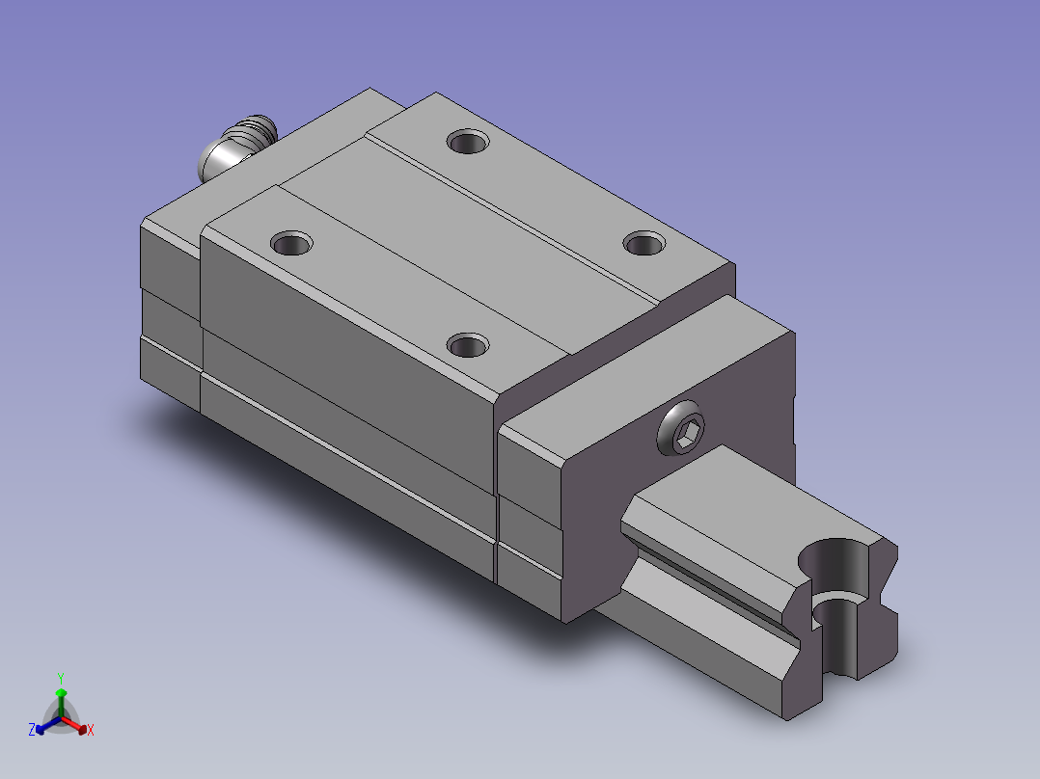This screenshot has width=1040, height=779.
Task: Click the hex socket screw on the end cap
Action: (x=680, y=428)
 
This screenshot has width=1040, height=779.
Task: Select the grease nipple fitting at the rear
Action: (x=236, y=147)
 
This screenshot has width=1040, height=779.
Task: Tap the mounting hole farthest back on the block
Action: (x=468, y=141)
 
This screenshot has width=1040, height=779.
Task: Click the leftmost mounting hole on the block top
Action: (x=291, y=243)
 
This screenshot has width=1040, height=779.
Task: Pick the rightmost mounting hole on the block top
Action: (x=644, y=243)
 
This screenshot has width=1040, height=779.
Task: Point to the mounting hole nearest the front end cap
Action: (x=468, y=345)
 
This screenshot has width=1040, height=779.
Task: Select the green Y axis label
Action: (x=61, y=678)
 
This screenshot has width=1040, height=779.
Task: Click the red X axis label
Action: (x=91, y=730)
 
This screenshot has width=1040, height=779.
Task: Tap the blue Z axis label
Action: (x=32, y=730)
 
